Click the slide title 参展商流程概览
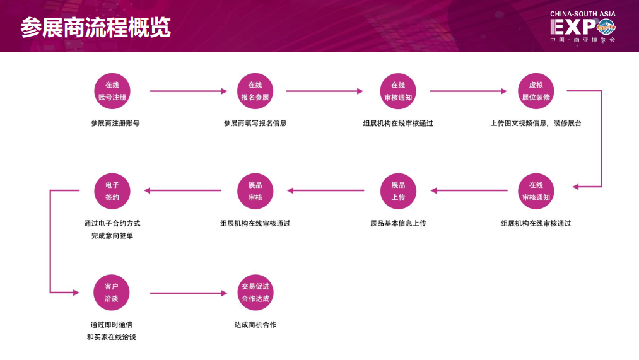[96, 28]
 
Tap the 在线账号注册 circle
[112, 91]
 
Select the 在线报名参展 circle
[255, 91]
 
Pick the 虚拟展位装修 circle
[536, 91]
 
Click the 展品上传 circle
[398, 191]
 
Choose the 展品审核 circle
[255, 191]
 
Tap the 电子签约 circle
[112, 191]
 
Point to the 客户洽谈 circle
[112, 293]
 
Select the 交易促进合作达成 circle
[255, 293]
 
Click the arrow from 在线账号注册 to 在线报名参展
[188, 91]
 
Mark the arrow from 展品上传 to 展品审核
[326, 190]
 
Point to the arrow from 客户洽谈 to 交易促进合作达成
[188, 293]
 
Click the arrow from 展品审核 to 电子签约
[183, 190]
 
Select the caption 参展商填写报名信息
[255, 124]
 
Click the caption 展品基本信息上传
[398, 223]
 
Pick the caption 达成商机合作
[255, 325]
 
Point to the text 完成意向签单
[112, 236]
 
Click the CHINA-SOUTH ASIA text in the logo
[582, 14]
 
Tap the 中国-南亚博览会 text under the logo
[582, 40]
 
